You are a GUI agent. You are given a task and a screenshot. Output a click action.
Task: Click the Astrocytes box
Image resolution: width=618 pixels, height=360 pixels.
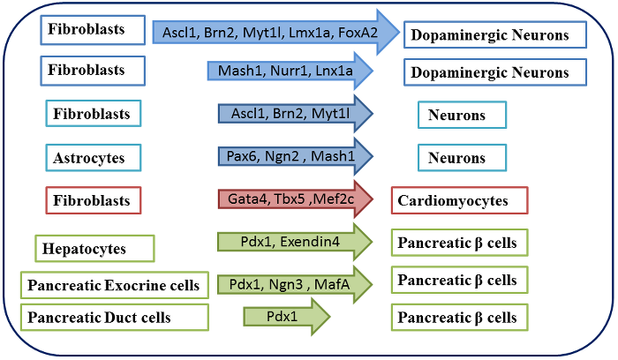94,158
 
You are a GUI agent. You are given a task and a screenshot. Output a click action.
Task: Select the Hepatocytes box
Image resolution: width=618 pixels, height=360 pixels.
94,249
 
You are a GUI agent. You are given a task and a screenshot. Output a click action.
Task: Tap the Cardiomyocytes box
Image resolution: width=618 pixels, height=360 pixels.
460,200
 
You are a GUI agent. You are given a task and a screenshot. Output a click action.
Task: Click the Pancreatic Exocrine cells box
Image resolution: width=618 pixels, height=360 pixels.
114,285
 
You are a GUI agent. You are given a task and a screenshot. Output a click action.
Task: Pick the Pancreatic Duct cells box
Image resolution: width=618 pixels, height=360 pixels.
114,317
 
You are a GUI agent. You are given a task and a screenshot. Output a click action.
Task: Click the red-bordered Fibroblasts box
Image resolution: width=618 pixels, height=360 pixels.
94,200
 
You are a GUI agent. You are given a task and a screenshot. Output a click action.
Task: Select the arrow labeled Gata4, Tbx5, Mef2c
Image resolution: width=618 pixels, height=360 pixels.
296,199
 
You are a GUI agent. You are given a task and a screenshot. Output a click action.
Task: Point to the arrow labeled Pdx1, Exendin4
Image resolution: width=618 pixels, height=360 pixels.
295,242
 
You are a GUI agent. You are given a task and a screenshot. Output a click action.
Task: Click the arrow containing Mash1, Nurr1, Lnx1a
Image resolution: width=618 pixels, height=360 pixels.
290,71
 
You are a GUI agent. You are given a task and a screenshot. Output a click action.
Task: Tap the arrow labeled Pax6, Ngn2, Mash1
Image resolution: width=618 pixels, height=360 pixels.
296,156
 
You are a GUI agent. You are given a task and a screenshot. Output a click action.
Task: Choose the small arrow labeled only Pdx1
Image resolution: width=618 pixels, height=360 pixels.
287,317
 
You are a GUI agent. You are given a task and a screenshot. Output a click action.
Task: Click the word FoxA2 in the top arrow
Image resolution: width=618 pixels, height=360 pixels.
358,33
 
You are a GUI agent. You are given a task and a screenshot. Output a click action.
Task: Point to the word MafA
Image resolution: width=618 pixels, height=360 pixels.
332,284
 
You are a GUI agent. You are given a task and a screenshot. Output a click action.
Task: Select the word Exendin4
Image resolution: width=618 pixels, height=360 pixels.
310,242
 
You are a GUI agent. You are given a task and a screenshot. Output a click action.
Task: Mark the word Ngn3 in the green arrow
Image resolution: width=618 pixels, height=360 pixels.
283,284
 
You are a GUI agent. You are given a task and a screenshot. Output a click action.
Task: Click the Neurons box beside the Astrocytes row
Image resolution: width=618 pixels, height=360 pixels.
463,158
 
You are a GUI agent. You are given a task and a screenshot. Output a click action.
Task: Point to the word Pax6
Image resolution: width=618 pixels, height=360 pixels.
242,156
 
